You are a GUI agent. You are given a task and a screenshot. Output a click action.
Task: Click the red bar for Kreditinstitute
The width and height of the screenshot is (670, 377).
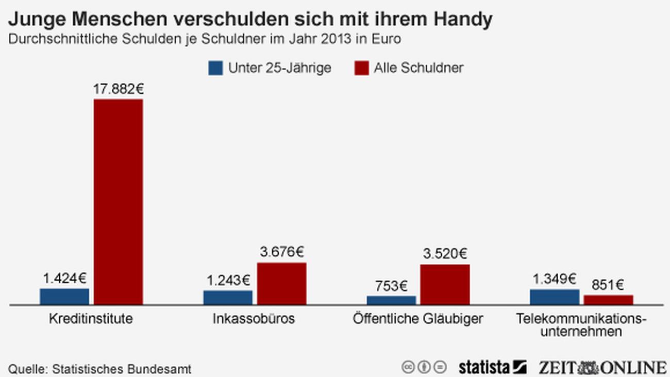[118, 201]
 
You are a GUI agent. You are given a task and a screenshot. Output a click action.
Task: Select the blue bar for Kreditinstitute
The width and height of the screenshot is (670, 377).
[64, 297]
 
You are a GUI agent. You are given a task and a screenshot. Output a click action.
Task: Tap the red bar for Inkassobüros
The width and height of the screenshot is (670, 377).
[281, 284]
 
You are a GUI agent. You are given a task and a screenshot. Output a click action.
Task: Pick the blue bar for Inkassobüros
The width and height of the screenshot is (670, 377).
[228, 298]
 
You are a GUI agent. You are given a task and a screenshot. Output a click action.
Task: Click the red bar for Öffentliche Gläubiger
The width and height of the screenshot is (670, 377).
[445, 285]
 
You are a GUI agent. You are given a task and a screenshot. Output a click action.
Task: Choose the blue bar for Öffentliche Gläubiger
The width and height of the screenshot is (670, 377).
[391, 300]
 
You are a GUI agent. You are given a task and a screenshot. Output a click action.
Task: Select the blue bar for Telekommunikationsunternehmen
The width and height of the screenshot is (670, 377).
[555, 297]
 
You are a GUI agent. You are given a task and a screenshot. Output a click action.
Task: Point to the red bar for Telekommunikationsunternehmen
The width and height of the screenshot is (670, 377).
[608, 300]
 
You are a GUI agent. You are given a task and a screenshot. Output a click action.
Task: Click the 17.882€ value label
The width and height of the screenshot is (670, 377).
[118, 89]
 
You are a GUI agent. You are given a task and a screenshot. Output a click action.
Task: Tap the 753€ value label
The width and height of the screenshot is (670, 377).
[391, 286]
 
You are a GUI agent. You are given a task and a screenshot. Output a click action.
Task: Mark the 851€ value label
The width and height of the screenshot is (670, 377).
[608, 285]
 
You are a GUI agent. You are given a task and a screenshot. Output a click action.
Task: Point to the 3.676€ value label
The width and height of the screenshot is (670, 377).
[281, 252]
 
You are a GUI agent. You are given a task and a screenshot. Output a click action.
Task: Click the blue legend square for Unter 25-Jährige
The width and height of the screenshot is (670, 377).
[215, 68]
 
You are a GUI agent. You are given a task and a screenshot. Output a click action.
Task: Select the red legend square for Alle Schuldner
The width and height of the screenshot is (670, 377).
[362, 68]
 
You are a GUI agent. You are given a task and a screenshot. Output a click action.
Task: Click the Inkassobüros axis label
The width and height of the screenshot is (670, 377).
[254, 319]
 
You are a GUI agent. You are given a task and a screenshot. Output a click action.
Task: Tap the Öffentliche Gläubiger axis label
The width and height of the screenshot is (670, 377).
[418, 319]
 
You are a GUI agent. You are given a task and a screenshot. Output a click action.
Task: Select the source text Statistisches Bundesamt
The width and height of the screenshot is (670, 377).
[122, 369]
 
